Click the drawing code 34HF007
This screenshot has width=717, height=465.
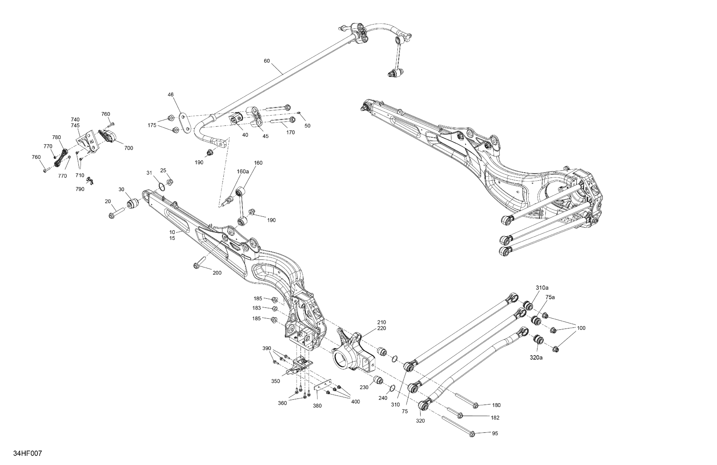(x=27, y=453)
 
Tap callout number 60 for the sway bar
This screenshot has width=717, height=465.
(x=267, y=61)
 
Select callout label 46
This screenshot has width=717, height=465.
(x=171, y=95)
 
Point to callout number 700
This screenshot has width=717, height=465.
(x=129, y=148)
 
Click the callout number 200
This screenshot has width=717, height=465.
(x=217, y=273)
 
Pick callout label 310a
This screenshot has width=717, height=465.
(x=542, y=288)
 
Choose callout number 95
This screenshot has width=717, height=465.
(x=495, y=433)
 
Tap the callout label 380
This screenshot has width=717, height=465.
(x=317, y=406)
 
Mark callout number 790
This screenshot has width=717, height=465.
(x=80, y=189)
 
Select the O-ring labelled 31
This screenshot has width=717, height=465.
(x=162, y=187)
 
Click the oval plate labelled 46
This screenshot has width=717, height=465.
(x=185, y=123)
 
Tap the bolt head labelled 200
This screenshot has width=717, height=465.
(x=196, y=266)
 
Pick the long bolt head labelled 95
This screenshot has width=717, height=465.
(x=472, y=434)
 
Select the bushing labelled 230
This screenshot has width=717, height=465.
(x=378, y=380)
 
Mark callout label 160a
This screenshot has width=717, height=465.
(x=243, y=172)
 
